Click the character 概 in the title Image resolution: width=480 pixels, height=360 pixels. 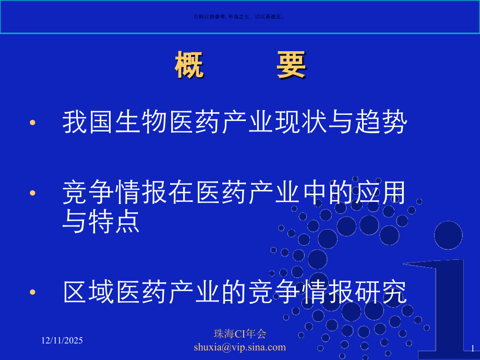click(189, 66)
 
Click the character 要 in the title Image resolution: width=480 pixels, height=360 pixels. click(291, 66)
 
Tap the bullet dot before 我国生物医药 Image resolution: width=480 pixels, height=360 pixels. click(33, 123)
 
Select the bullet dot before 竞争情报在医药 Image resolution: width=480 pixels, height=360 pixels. click(33, 193)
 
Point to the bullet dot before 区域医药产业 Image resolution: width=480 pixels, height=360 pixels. click(33, 292)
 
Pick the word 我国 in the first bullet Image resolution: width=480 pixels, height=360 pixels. click(89, 123)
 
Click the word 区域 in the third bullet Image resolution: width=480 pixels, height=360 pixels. click(89, 292)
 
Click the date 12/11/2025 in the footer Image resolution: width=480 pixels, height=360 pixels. click(62, 340)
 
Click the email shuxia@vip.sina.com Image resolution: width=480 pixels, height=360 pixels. click(240, 347)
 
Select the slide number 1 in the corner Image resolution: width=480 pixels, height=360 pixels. click(473, 347)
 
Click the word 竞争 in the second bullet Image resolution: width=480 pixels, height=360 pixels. click(89, 193)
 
